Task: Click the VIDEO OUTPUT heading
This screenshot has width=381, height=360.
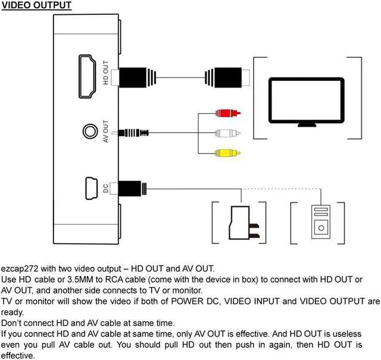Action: [x=36, y=5]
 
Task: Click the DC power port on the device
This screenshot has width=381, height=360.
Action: [x=90, y=189]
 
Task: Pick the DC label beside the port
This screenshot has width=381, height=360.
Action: [x=105, y=189]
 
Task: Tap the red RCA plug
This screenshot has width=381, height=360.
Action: [x=227, y=112]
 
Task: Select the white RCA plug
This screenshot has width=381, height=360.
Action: [x=227, y=133]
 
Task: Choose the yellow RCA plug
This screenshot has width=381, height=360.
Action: [x=227, y=153]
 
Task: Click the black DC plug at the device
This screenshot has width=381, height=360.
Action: [x=132, y=189]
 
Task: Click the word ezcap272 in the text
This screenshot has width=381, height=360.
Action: [x=20, y=268]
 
